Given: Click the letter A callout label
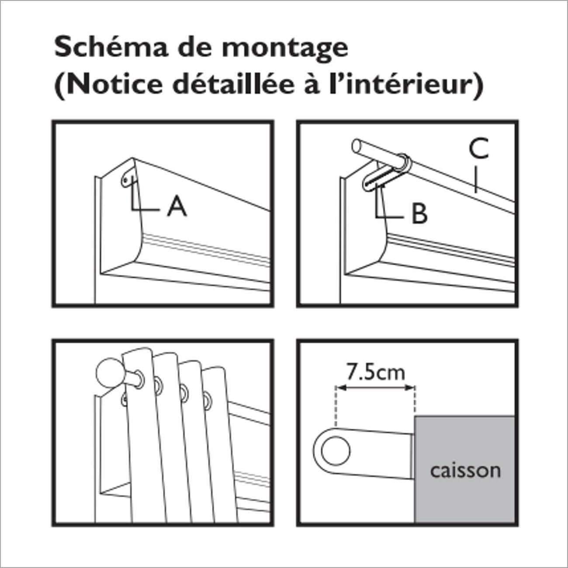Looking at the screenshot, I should coord(177,207).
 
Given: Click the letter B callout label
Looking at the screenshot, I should coord(419,214).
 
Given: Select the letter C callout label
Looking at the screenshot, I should coord(478,149).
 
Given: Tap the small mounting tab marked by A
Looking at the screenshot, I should coord(127,181).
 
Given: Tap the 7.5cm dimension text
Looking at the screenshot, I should coord(375,372).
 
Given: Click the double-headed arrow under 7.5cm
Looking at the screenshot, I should coord(375,387).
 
